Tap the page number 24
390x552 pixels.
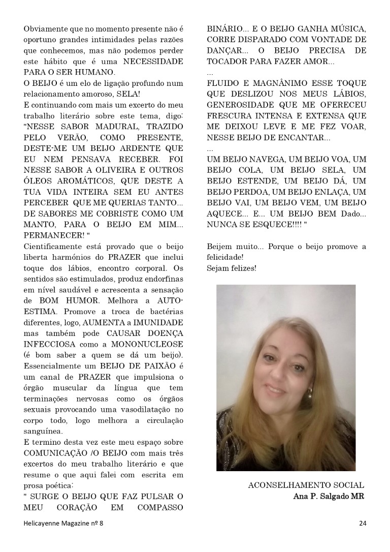362,523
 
